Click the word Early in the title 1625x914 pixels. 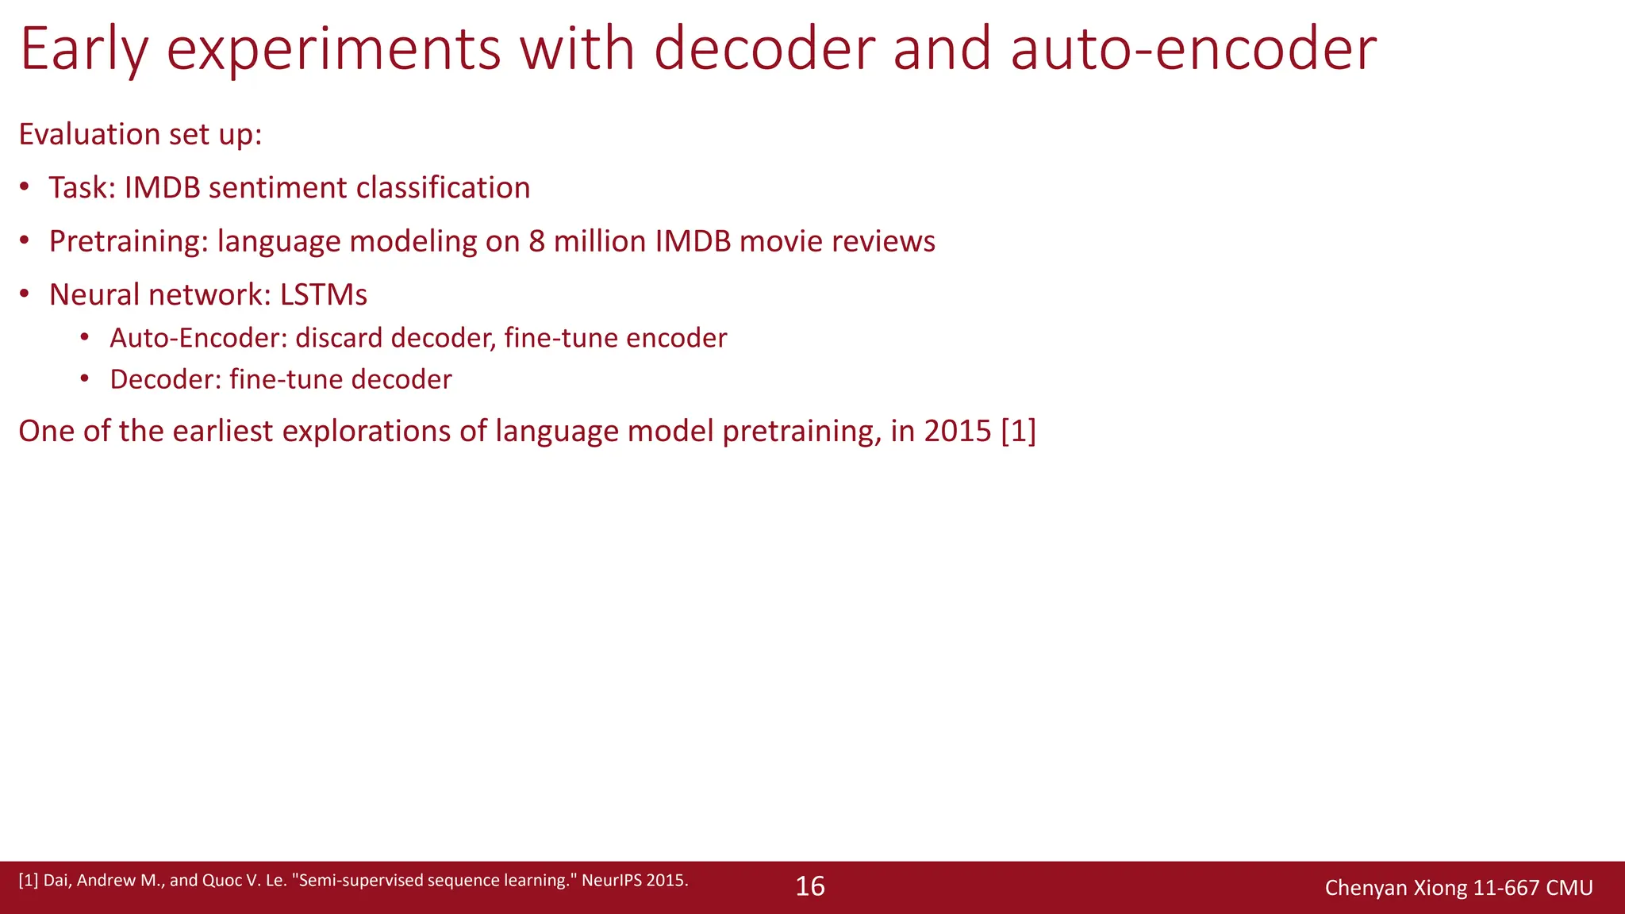(84, 49)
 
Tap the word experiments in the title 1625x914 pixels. (334, 49)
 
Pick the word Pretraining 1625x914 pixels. (128, 241)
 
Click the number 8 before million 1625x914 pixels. (537, 241)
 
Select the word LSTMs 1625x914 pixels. (323, 295)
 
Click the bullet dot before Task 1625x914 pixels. (25, 187)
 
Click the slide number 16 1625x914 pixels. (810, 886)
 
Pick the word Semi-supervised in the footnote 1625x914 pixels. (356, 881)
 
